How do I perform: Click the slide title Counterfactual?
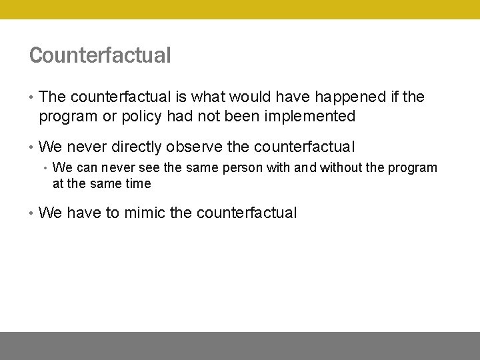100,55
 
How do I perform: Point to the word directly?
135,147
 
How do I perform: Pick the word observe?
195,147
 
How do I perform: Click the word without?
343,168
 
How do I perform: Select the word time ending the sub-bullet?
137,183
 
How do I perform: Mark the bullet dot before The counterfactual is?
31,97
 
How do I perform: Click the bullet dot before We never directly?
31,147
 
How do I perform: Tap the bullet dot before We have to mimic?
31,213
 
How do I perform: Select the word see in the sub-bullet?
149,168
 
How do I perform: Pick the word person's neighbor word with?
275,168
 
